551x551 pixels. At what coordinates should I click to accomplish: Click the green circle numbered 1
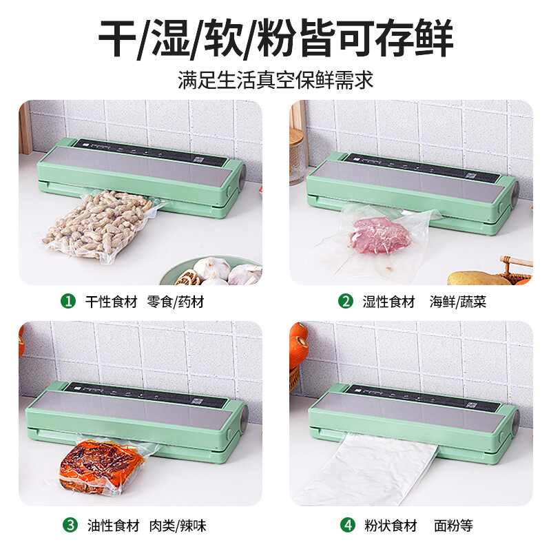[68, 301]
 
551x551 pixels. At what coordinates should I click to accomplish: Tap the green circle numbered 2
[345, 301]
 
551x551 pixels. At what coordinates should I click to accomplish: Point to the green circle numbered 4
[348, 526]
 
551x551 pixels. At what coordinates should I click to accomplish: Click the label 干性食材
[112, 301]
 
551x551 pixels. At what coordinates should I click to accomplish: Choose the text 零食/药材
[176, 301]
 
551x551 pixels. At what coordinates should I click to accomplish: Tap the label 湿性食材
[389, 301]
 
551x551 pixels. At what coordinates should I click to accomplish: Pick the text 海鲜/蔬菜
[458, 301]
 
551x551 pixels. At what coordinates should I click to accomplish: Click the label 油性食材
[112, 526]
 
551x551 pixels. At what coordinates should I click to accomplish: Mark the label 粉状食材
[391, 526]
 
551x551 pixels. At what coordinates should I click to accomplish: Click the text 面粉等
[454, 526]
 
